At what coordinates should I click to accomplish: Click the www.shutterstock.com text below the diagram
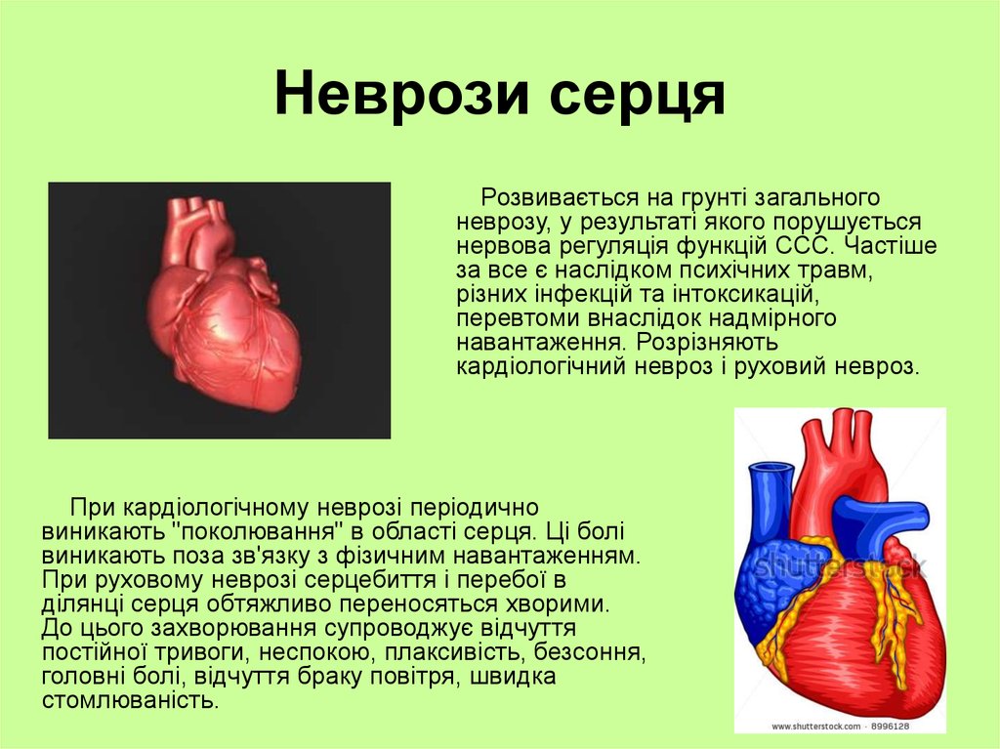tap(816, 727)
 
